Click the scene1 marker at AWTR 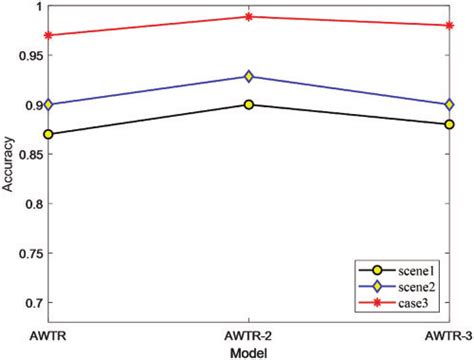pyautogui.click(x=48, y=134)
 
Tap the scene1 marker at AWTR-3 pyautogui.click(x=450, y=124)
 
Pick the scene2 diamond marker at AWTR pyautogui.click(x=48, y=104)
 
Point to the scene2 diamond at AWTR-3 pyautogui.click(x=450, y=104)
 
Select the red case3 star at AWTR pyautogui.click(x=48, y=35)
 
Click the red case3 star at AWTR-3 pyautogui.click(x=450, y=25)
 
